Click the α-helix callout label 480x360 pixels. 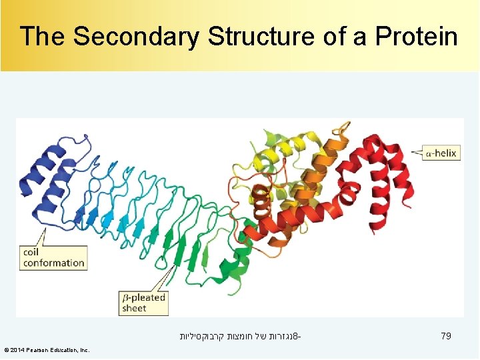441,153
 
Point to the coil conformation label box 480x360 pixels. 54,257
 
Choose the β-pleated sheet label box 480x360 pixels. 143,303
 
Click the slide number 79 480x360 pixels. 446,337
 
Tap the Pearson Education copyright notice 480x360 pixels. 47,350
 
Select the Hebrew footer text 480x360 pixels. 240,337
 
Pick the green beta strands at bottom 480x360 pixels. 193,253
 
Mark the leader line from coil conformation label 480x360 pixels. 39,237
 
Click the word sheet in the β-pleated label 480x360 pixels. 134,308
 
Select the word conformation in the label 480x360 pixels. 54,263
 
